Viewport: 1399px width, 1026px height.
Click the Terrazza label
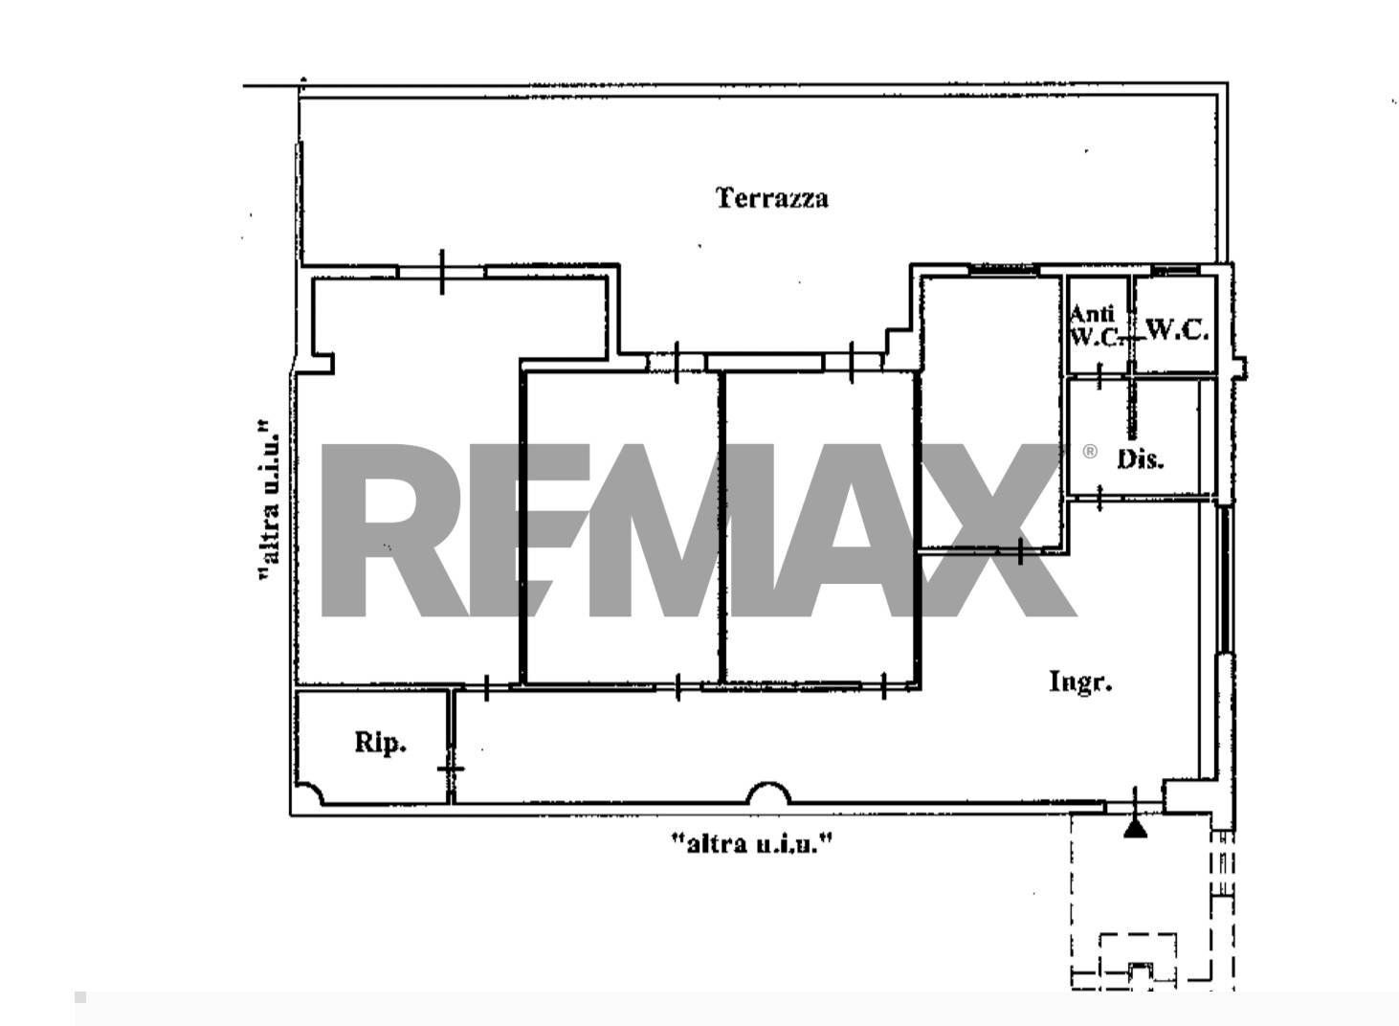tap(772, 198)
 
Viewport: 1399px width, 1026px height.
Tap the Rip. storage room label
tap(380, 743)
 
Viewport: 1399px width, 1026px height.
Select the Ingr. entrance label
tap(1080, 681)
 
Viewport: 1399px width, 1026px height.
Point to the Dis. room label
tap(1141, 459)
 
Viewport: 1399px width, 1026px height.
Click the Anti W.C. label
tap(1094, 324)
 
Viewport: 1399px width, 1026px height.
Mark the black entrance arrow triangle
tap(1135, 829)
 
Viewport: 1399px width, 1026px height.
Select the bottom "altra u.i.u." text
tap(752, 843)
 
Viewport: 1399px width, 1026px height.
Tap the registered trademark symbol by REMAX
tap(1089, 451)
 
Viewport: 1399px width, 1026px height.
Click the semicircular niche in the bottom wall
tap(768, 793)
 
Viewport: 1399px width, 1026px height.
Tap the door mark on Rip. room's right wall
tap(451, 769)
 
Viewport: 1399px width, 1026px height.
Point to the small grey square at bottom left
tap(80, 997)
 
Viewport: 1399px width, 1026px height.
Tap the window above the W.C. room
tap(1175, 270)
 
